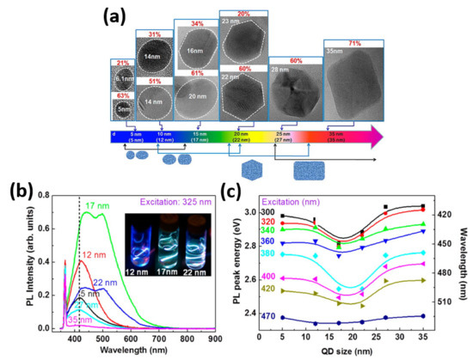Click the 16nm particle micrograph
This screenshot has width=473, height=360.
pos(195,52)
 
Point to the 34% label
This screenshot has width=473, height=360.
pos(195,23)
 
